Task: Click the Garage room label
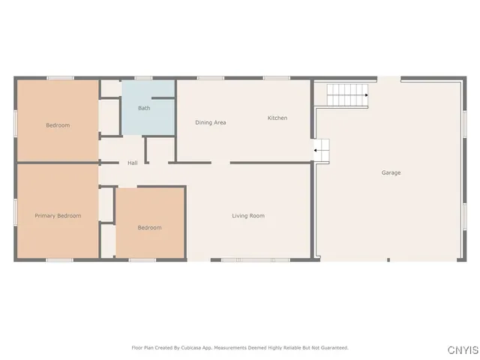tap(391, 172)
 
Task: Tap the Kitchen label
tap(277, 118)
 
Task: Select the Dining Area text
tap(211, 122)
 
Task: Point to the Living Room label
tap(247, 216)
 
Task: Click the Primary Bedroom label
tap(58, 215)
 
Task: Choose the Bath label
tap(144, 108)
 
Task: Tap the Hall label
tap(132, 163)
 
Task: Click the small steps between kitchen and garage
tap(321, 150)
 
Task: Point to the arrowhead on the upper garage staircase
tap(365, 95)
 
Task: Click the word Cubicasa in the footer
tap(196, 348)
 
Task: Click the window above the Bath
tap(144, 77)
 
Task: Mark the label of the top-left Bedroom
tap(58, 125)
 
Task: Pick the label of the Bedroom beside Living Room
tap(149, 227)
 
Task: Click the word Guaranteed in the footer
tap(334, 348)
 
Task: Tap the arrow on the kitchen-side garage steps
tap(316, 150)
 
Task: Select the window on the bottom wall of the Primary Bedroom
tap(60, 260)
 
